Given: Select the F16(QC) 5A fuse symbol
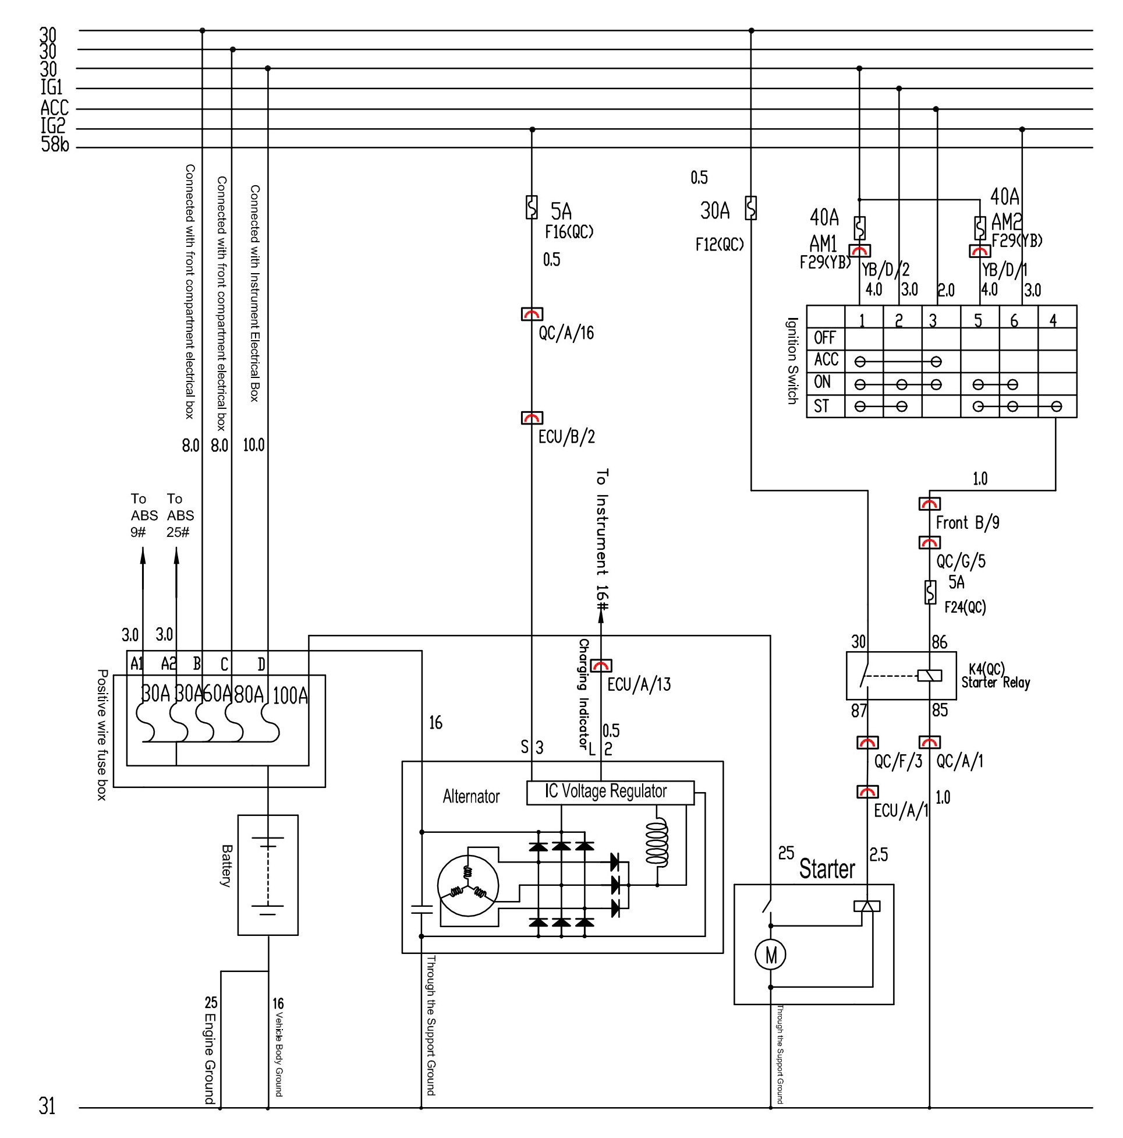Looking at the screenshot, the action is coord(531,207).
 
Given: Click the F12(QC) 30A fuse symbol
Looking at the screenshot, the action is coord(751,208).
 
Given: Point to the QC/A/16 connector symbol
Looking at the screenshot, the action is coord(532,314).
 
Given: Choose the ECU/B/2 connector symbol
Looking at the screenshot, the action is coord(532,418).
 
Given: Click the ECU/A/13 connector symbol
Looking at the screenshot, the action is coord(601,665).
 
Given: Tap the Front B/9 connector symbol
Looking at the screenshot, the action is coord(929,504).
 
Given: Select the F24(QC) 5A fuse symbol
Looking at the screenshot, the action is coord(930,592).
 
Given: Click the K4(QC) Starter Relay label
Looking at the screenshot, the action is coord(995,676).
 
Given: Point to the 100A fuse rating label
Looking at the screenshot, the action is coord(291,695).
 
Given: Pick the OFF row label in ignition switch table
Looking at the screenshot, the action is coord(824,338).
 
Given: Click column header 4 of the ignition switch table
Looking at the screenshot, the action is coord(1053,320).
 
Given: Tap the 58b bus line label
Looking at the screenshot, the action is coord(55,144).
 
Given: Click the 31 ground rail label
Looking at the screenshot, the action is coord(47,1105).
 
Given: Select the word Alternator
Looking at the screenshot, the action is coord(471,796).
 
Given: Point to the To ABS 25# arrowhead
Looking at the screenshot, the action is coord(176,556).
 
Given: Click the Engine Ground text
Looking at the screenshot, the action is coord(210,1058).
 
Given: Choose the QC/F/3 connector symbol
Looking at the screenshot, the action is coord(867,742).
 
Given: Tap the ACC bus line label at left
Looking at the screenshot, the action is coord(55,108).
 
